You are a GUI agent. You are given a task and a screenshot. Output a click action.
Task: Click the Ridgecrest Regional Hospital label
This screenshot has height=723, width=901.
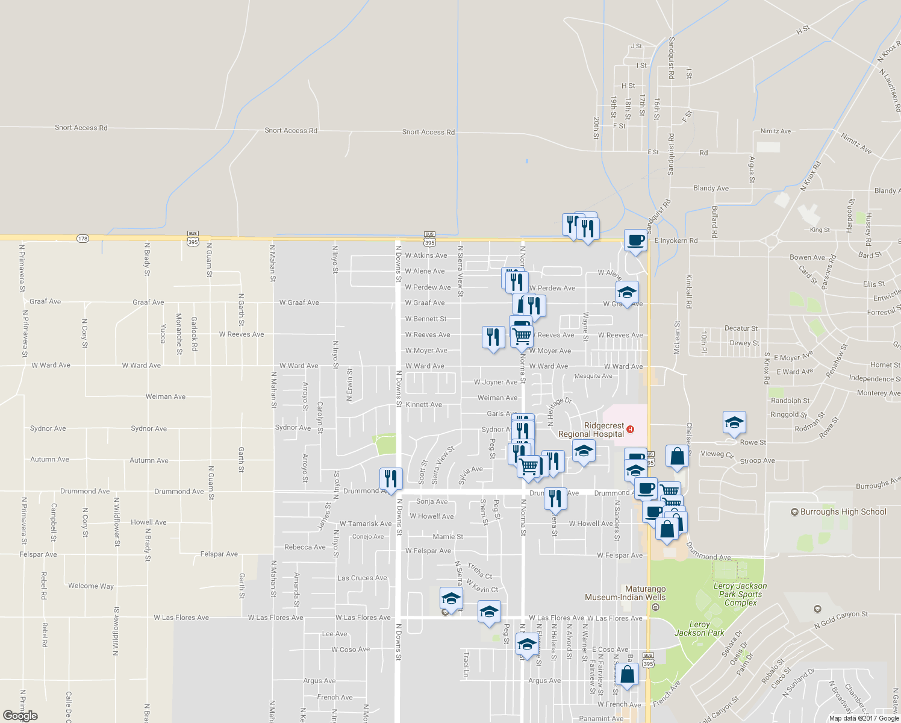coord(591,430)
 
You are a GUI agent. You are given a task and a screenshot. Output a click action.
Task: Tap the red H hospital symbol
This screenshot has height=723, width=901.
coord(630,430)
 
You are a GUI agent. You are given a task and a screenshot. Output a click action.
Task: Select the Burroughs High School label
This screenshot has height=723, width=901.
coord(843,512)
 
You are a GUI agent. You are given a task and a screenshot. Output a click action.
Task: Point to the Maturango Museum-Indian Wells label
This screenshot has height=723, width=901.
coord(625,593)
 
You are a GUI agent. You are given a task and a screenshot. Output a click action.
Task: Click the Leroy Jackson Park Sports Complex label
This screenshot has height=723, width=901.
coord(740,594)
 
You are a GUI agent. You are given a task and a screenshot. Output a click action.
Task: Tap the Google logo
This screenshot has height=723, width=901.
coord(20,716)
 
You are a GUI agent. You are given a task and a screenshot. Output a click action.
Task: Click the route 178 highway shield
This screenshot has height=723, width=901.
coord(83,239)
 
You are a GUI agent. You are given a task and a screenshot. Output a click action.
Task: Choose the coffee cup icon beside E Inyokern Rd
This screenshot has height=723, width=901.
coord(635,240)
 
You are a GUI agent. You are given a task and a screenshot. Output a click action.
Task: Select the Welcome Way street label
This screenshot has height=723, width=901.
coord(91,586)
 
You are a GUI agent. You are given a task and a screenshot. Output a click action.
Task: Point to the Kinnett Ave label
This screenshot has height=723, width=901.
coord(423,405)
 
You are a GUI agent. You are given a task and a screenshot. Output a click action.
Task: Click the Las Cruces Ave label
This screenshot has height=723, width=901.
coord(362,578)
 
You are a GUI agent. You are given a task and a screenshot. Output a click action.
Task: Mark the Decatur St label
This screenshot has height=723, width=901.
coord(741,328)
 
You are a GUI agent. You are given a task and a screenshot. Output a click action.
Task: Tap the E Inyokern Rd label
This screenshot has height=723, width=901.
coord(676,240)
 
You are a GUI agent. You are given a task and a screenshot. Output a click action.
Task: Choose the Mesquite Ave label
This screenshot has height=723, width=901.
coord(593,376)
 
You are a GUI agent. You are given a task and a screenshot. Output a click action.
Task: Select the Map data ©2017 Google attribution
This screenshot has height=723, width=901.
coord(864,718)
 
